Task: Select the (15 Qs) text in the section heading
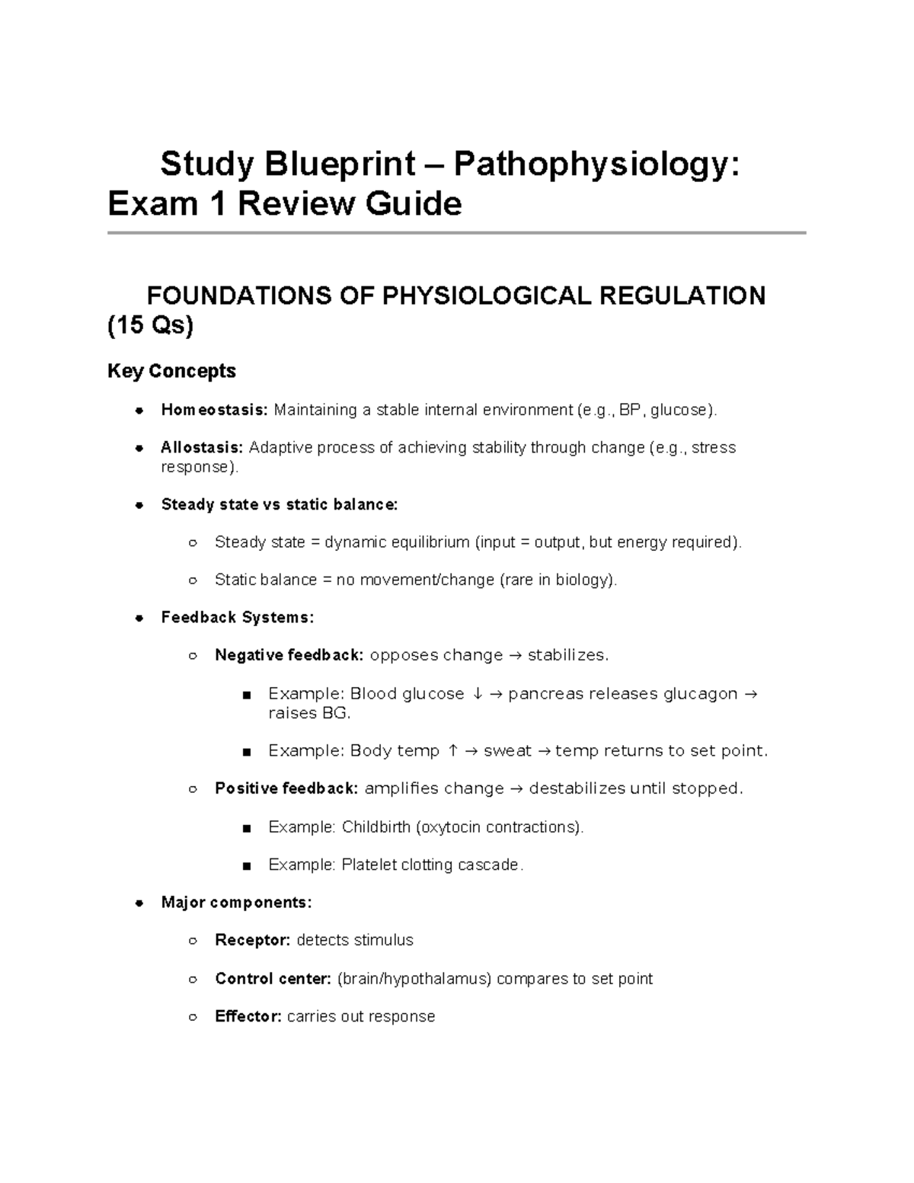150,326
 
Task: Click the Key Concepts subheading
171,371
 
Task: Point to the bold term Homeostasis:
214,411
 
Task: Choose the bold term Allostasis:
202,448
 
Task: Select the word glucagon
700,694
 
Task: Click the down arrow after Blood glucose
477,694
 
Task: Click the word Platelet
369,865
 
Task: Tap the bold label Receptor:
253,941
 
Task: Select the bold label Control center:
273,979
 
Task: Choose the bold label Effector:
248,1017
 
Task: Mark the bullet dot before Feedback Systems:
139,618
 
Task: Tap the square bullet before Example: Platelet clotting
246,866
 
